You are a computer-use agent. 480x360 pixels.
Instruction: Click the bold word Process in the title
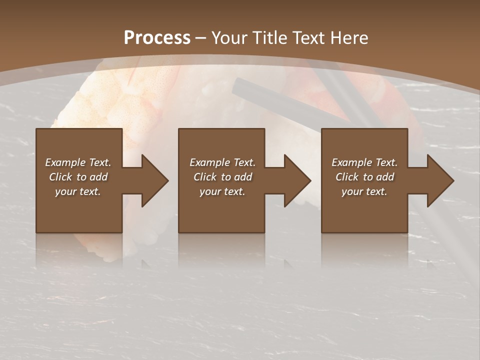pos(157,37)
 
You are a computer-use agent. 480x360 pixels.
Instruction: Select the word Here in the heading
pos(349,37)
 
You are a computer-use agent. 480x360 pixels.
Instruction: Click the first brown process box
pos(79,210)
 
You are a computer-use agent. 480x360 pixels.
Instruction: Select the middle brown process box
pos(221,210)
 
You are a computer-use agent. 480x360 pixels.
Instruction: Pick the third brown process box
pos(364,210)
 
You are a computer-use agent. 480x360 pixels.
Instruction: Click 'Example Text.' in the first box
pos(78,162)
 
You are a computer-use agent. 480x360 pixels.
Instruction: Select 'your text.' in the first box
pos(78,191)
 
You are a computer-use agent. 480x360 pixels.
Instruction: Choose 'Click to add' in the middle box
pos(222,177)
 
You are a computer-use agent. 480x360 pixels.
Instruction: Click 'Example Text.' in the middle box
pos(222,162)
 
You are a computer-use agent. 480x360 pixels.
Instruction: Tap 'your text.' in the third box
pos(364,191)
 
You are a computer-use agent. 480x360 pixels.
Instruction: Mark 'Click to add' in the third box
pos(364,177)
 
